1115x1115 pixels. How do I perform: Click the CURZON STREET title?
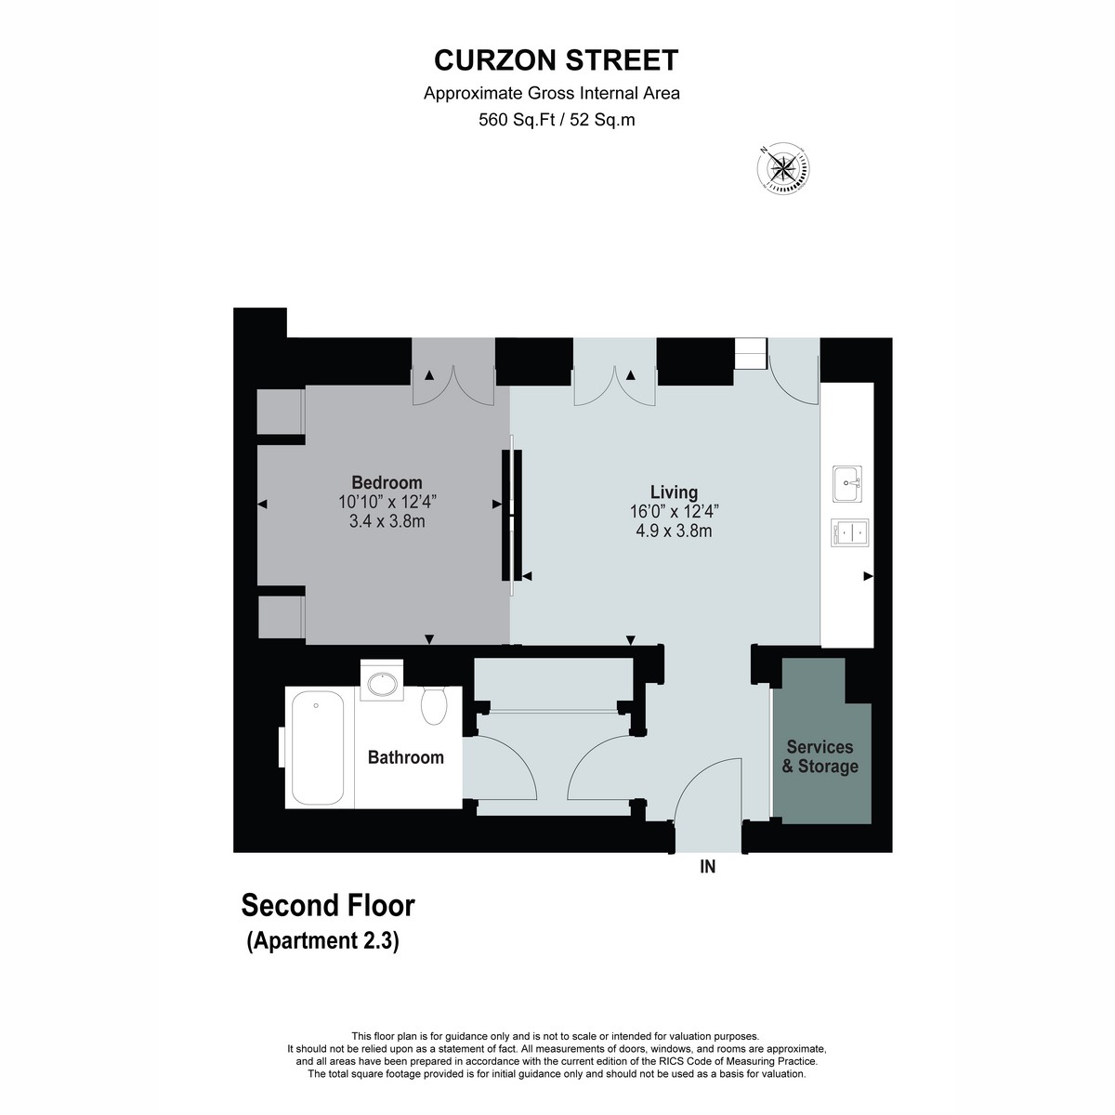556,60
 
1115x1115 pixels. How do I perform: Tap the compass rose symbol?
783,168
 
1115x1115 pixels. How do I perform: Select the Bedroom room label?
387,482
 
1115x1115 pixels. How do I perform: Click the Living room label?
674,492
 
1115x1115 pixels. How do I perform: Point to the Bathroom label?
406,757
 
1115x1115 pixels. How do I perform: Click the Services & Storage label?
820,756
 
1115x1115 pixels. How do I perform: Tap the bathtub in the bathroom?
318,748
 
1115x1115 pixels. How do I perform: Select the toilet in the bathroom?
433,705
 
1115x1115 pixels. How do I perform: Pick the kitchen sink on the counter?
847,483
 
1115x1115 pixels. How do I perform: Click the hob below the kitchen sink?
849,532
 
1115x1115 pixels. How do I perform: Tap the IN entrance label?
708,866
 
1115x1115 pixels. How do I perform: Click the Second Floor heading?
328,906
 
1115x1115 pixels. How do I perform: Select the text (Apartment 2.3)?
322,941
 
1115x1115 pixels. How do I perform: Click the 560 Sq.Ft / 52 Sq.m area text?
557,120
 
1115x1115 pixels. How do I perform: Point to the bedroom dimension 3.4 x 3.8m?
387,521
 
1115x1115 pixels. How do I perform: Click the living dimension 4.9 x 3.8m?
674,531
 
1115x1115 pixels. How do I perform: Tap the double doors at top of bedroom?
453,385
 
